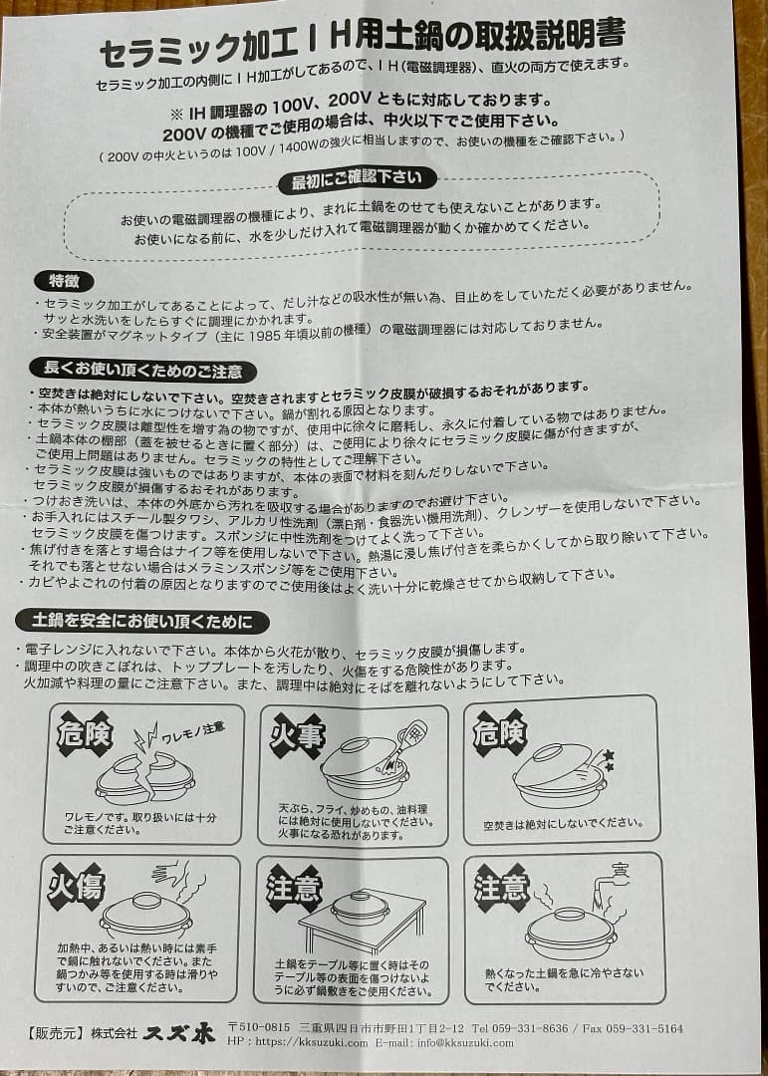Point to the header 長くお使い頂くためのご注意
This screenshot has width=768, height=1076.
coord(143,371)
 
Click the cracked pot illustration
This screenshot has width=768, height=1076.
coord(144,778)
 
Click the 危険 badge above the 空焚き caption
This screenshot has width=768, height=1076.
coord(499,733)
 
